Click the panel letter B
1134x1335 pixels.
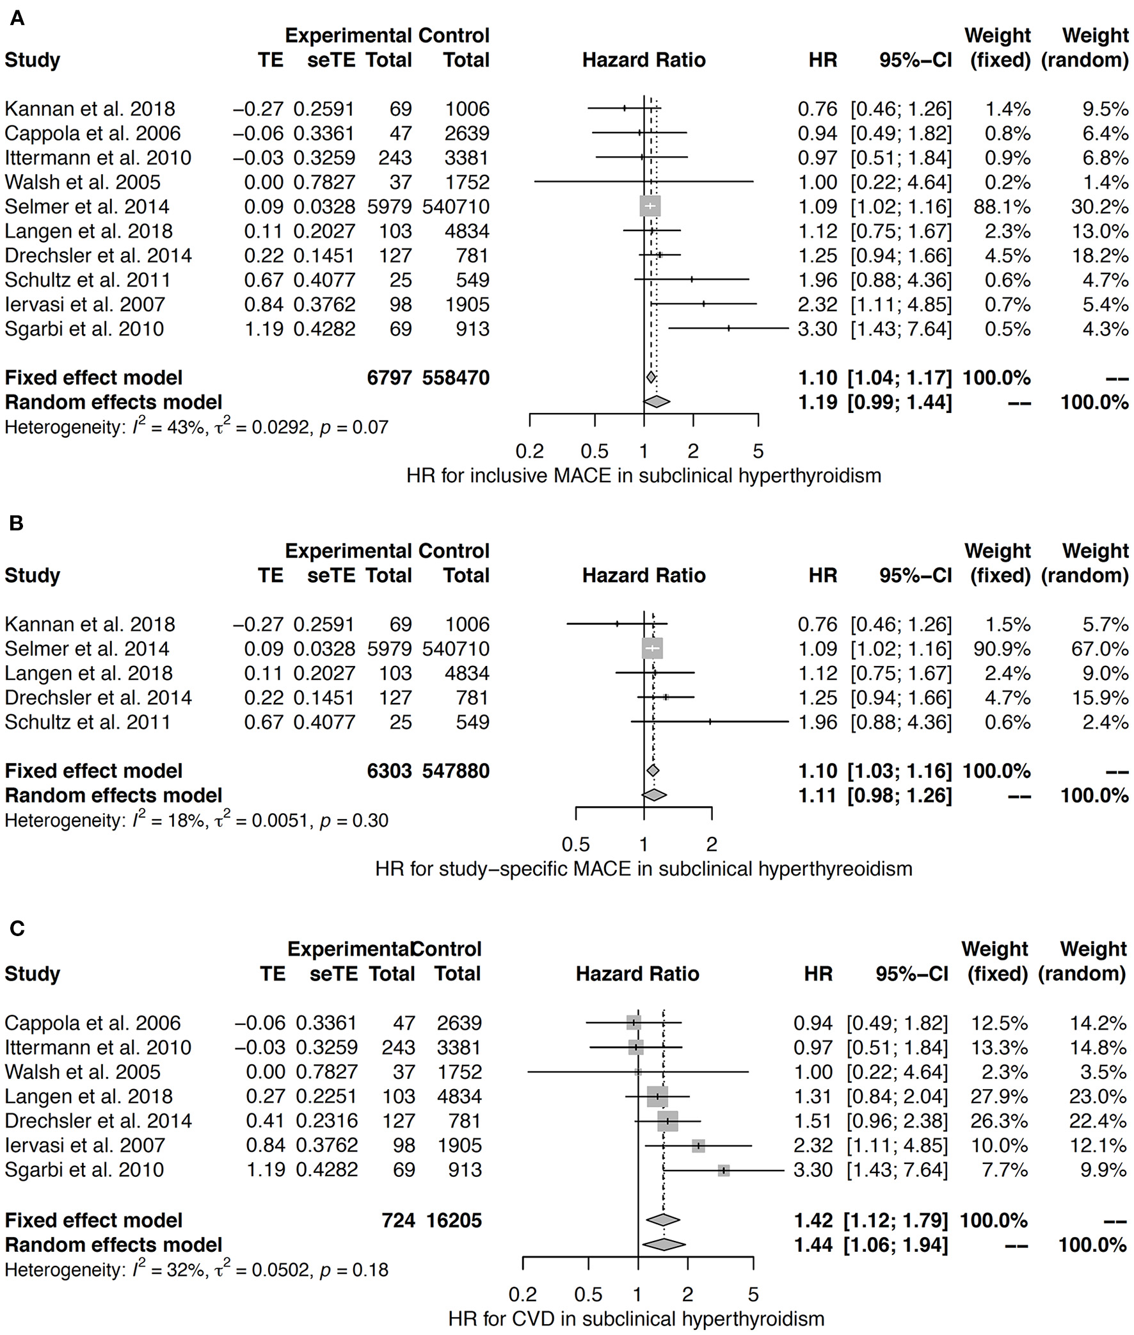pyautogui.click(x=17, y=524)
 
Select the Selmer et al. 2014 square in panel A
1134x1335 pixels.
pyautogui.click(x=650, y=206)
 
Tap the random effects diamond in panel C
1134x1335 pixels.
pyautogui.click(x=664, y=1245)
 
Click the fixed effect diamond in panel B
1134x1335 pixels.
pyautogui.click(x=653, y=770)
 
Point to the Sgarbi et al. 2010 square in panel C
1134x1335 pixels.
pyautogui.click(x=724, y=1170)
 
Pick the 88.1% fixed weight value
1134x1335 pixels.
pyautogui.click(x=1007, y=206)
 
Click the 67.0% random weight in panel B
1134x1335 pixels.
pyautogui.click(x=1099, y=649)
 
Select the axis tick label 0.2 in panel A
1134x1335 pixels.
pyautogui.click(x=529, y=451)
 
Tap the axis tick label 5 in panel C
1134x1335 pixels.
pyautogui.click(x=753, y=1295)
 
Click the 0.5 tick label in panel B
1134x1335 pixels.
pyautogui.click(x=575, y=845)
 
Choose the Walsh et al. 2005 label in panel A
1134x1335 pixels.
pyautogui.click(x=83, y=182)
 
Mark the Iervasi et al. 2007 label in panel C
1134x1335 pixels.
pyautogui.click(x=85, y=1145)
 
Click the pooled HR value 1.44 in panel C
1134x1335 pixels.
pyautogui.click(x=813, y=1245)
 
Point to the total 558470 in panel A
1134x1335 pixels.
pyautogui.click(x=455, y=378)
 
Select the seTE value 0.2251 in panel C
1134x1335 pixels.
pyautogui.click(x=326, y=1096)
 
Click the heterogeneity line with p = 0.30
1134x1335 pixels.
pyautogui.click(x=196, y=821)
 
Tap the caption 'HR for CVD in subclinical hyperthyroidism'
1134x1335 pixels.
pyautogui.click(x=635, y=1319)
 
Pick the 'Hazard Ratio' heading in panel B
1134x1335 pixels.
pyautogui.click(x=644, y=575)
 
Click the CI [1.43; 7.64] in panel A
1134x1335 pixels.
pyautogui.click(x=900, y=328)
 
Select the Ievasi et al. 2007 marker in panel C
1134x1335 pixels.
pyautogui.click(x=698, y=1145)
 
